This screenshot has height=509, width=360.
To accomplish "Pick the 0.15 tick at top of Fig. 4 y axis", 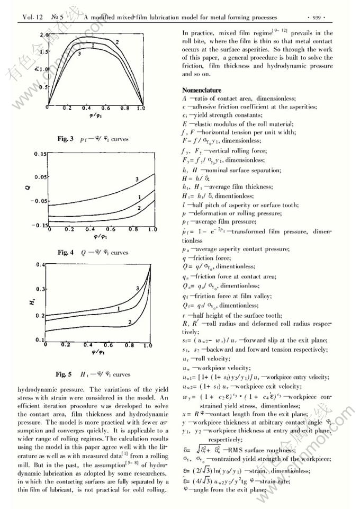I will pyautogui.click(x=39, y=154).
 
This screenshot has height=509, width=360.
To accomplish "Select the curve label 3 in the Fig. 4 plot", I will pyautogui.click(x=137, y=181).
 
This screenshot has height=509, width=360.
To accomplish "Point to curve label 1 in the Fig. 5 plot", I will pyautogui.click(x=119, y=308).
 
